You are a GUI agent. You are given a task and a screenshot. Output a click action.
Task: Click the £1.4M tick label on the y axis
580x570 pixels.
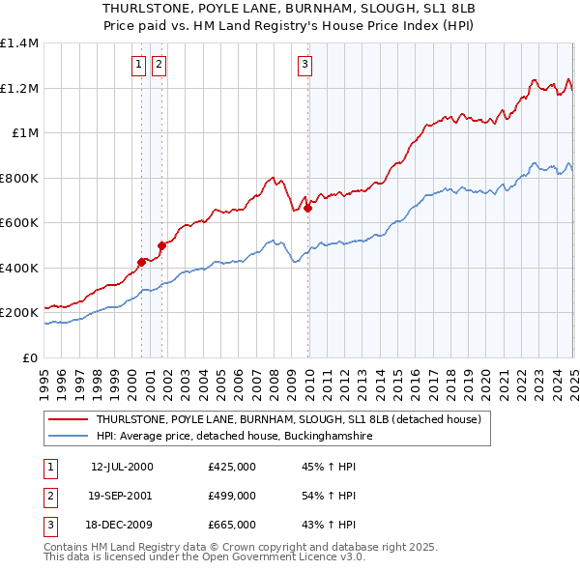(x=19, y=43)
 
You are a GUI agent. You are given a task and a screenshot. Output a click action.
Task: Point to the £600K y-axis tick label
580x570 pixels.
(x=19, y=223)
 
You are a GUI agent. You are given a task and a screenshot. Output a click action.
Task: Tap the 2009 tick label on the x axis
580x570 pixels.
(x=291, y=377)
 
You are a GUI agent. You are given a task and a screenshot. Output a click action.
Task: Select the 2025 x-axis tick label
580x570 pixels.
(x=573, y=377)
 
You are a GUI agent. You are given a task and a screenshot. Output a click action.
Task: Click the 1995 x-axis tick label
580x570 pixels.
(x=44, y=377)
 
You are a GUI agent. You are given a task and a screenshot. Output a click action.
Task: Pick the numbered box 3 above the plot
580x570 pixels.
(x=304, y=65)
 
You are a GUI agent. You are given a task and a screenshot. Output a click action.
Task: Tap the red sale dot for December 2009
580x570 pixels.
(x=308, y=208)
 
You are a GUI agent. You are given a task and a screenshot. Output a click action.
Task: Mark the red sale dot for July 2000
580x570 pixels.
(x=141, y=262)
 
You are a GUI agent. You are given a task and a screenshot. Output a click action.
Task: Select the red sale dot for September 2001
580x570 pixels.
(x=162, y=245)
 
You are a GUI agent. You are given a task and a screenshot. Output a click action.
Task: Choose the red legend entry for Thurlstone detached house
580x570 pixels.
(x=281, y=419)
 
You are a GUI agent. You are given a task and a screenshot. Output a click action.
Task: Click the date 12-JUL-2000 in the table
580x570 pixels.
(x=122, y=467)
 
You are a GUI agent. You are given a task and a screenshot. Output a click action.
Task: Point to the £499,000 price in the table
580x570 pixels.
(x=232, y=496)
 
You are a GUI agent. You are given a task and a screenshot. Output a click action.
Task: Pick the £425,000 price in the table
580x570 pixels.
(x=232, y=467)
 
